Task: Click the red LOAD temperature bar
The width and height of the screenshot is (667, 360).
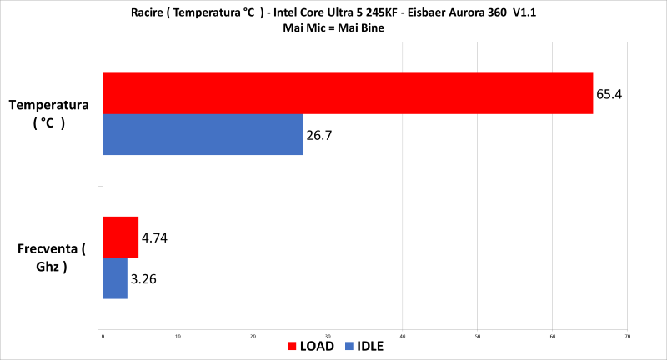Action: pos(347,93)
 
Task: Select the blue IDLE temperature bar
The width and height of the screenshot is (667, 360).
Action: pos(203,134)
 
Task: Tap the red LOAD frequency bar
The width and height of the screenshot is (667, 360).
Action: pos(120,237)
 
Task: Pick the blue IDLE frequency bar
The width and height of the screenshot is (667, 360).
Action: pos(115,278)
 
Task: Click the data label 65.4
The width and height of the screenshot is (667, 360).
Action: pos(609,93)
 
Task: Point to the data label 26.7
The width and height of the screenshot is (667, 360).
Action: pos(320,134)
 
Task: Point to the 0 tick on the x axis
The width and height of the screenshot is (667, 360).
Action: pos(103,336)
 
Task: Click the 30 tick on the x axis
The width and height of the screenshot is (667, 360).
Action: pos(328,336)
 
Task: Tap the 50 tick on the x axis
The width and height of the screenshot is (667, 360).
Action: pos(478,336)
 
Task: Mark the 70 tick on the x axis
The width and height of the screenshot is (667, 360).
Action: pos(628,336)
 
